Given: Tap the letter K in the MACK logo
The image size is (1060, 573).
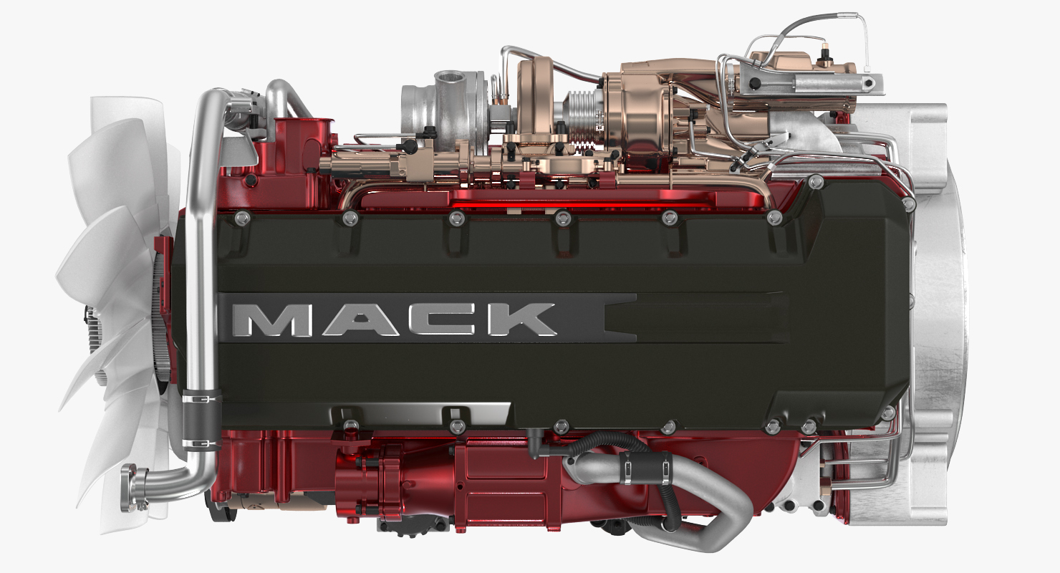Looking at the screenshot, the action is tap(522, 319).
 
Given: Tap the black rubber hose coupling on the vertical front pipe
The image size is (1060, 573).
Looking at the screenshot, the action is tap(201, 419).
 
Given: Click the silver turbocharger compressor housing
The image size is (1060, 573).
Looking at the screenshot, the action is tap(445, 111).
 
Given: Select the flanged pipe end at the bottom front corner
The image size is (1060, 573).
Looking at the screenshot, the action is tap(132, 487).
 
